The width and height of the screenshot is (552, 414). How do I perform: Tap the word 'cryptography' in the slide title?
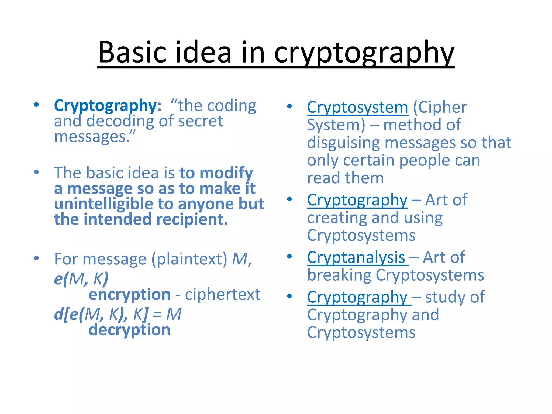point(364,53)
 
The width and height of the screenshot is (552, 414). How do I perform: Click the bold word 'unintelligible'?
point(103,204)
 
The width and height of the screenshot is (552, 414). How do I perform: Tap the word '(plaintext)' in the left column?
point(189,259)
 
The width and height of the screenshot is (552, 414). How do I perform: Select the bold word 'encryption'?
point(129,294)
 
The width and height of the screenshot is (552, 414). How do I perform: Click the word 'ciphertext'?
point(223,294)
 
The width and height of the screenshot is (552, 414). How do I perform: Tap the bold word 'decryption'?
point(129,330)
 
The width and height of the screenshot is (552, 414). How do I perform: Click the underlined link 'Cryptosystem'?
point(357,107)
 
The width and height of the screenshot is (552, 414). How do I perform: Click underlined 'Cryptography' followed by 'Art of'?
point(357,200)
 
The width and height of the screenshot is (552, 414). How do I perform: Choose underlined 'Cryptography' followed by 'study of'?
point(357,297)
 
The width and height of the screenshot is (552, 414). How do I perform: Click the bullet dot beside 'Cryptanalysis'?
point(289,257)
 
